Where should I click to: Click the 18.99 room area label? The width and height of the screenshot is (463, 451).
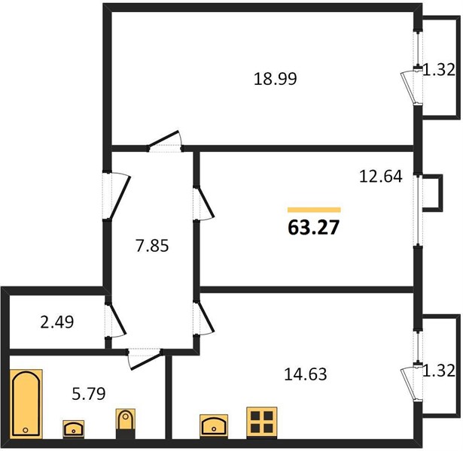(276, 79)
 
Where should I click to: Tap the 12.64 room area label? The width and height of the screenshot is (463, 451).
(381, 177)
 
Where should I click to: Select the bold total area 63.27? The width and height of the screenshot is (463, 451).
(314, 228)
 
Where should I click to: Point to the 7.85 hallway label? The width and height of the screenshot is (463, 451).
(152, 246)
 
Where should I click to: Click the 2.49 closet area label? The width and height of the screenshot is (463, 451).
(57, 322)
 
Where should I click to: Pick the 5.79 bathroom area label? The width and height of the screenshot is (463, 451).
(89, 394)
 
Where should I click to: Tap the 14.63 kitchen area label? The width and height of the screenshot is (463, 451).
(306, 374)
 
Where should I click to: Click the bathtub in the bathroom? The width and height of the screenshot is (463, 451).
(26, 404)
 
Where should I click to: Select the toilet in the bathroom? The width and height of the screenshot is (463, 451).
(126, 424)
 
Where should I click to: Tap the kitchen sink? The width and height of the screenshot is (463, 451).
(214, 426)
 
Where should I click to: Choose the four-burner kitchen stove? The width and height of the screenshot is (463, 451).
(262, 422)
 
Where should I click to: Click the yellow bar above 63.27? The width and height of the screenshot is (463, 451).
(314, 210)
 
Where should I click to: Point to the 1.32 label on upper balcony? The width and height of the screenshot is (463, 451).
(439, 70)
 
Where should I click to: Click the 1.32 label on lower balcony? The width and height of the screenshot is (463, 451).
(439, 371)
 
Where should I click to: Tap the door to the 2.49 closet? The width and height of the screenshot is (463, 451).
(116, 319)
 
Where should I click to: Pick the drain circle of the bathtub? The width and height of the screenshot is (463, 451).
(26, 430)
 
